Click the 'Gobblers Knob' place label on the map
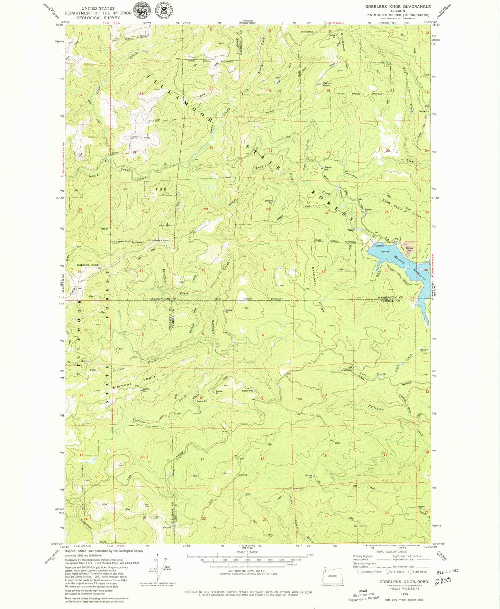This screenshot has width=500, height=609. tap(88, 265)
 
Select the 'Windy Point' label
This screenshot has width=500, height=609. tap(327, 84)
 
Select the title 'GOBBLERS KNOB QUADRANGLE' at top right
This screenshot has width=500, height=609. tap(398, 7)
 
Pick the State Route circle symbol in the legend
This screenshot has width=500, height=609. tap(410, 572)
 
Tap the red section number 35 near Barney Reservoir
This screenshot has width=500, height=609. tap(386, 270)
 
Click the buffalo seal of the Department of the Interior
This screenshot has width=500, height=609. tap(141, 13)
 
